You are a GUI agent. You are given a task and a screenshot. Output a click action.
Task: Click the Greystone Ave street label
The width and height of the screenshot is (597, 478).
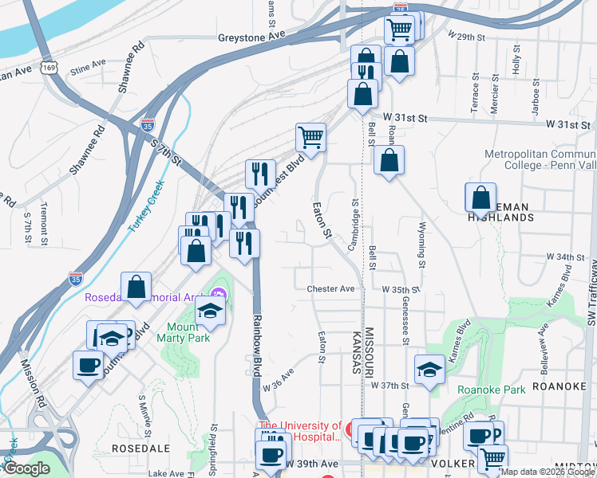(x=251, y=37)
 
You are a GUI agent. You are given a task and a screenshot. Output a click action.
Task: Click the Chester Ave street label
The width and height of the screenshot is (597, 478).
(x=330, y=289)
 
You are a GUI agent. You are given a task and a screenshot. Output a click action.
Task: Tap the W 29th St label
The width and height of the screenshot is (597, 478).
(x=468, y=37)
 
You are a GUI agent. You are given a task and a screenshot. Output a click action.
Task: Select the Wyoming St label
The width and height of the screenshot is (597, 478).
(x=421, y=240)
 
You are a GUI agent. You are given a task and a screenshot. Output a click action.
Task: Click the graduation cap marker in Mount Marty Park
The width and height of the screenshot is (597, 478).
(x=210, y=310)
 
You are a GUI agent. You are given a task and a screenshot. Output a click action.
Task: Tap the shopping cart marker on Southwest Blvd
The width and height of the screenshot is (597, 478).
(x=310, y=137)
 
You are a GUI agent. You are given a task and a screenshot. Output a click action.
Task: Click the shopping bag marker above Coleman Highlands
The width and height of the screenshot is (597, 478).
(x=482, y=197)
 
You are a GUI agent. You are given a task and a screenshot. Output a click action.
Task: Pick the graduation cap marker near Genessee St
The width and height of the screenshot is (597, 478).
(x=429, y=370)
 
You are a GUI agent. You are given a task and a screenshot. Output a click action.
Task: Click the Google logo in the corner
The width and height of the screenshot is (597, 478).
(x=26, y=468)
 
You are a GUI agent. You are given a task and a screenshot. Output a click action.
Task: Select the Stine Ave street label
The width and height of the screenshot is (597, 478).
(x=88, y=64)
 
